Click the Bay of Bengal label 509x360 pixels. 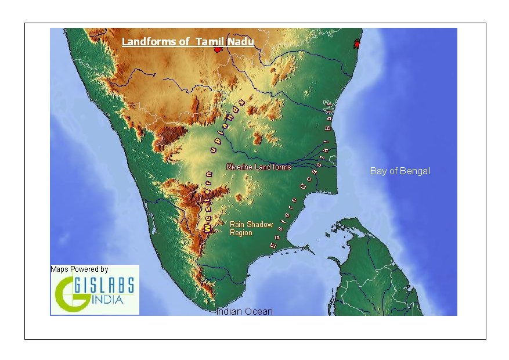pyautogui.click(x=400, y=171)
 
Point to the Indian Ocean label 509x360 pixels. pyautogui.click(x=244, y=312)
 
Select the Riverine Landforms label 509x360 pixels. pyautogui.click(x=258, y=167)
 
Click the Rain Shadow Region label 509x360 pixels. pyautogui.click(x=251, y=228)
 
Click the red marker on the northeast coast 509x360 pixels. pyautogui.click(x=357, y=43)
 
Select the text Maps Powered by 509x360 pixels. pyautogui.click(x=80, y=269)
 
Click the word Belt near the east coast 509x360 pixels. pyautogui.click(x=328, y=115)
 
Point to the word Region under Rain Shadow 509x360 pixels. pyautogui.click(x=241, y=232)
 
